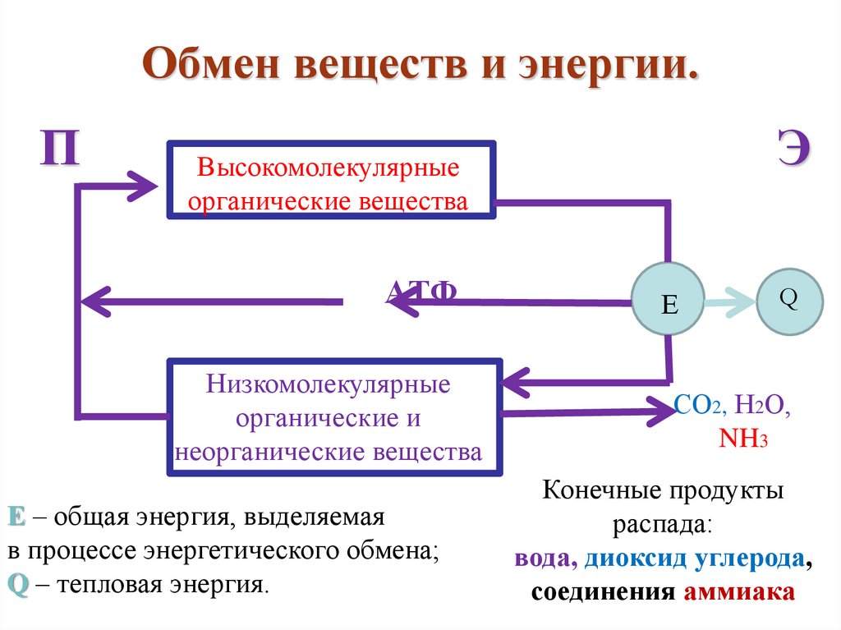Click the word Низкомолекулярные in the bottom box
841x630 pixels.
[329, 384]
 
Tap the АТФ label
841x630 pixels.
[421, 291]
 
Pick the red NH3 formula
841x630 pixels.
[742, 438]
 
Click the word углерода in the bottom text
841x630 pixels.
[746, 559]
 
